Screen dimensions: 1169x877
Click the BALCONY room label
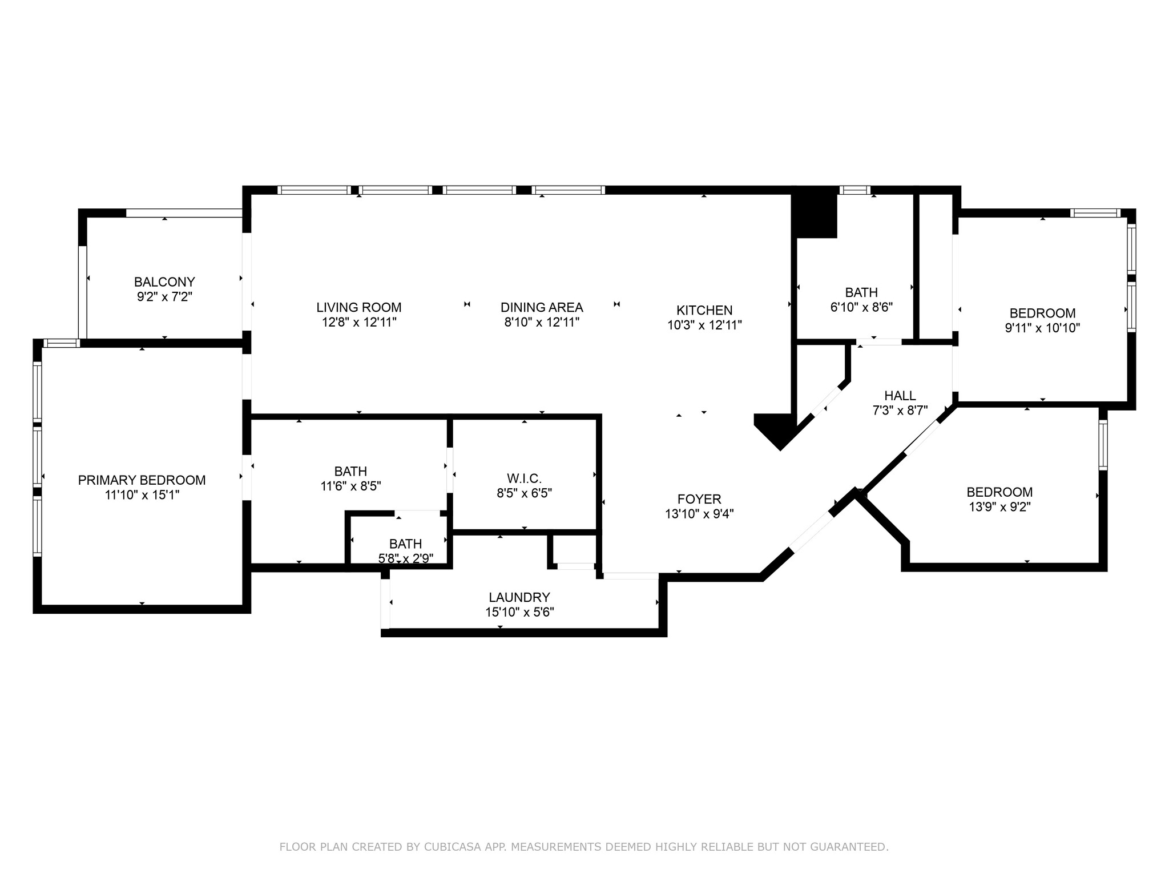click(x=164, y=282)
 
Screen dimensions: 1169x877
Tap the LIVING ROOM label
click(x=359, y=308)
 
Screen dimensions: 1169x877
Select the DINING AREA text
click(x=542, y=308)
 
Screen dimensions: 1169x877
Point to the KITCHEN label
click(x=704, y=311)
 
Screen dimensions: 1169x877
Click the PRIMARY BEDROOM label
click(x=142, y=480)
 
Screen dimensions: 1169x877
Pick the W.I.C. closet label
click(x=524, y=478)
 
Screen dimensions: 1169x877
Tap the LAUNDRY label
click(x=519, y=598)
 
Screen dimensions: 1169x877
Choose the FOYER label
click(x=699, y=500)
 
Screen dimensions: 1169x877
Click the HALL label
click(x=900, y=396)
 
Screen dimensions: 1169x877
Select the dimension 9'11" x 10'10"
click(x=1042, y=328)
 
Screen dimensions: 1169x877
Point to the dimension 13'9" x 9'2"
click(x=999, y=507)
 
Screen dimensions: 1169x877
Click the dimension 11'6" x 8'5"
click(x=350, y=486)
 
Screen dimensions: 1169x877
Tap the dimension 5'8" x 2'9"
click(x=406, y=558)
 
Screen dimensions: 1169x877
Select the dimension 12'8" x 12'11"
click(x=359, y=323)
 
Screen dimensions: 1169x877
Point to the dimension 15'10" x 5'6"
click(x=519, y=613)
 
